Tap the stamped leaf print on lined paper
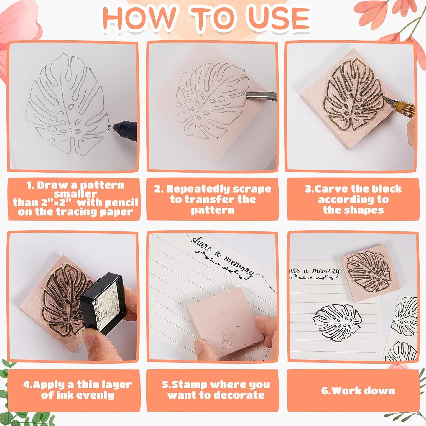click(338, 323)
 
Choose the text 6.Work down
click(358, 391)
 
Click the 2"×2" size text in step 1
click(54, 203)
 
